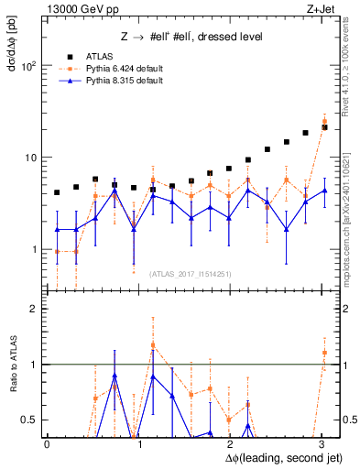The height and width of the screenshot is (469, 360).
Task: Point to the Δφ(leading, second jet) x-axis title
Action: coord(276,455)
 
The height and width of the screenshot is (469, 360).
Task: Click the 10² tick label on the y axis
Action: coord(27,66)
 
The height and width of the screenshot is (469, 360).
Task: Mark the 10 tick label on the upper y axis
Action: coord(30,158)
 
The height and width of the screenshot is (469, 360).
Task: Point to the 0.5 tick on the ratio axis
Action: coord(28,420)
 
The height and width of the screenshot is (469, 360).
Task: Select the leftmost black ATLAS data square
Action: coord(57,192)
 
